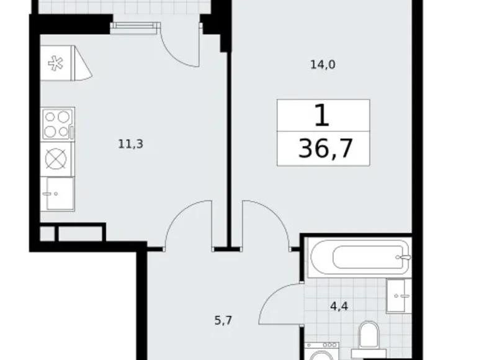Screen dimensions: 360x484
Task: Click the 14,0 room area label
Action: tap(323, 63)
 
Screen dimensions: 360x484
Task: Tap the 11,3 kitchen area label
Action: tap(131, 144)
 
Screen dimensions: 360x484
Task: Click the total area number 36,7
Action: tap(323, 149)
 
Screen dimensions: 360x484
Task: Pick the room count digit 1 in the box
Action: tap(322, 116)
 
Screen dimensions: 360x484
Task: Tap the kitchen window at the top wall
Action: tap(135, 25)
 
